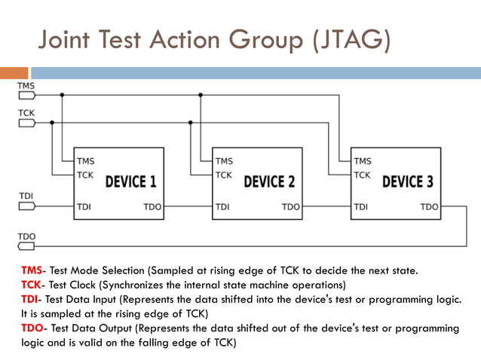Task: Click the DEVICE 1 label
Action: tap(130, 182)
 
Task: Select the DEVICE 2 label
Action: tap(269, 182)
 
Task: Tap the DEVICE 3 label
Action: tap(408, 182)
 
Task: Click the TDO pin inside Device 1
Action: tap(152, 206)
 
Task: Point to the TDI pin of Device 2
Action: tap(222, 206)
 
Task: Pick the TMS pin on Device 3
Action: tap(363, 161)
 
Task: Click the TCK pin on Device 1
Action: tap(84, 175)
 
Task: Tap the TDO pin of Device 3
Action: tap(429, 206)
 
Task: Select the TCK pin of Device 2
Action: tap(223, 175)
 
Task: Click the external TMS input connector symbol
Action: tap(26, 95)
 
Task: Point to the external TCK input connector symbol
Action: tap(26, 123)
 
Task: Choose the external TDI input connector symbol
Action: tap(26, 206)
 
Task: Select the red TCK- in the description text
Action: tap(33, 285)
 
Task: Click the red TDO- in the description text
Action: tap(34, 328)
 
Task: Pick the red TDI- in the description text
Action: tap(32, 300)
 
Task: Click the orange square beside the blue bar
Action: tap(14, 73)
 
